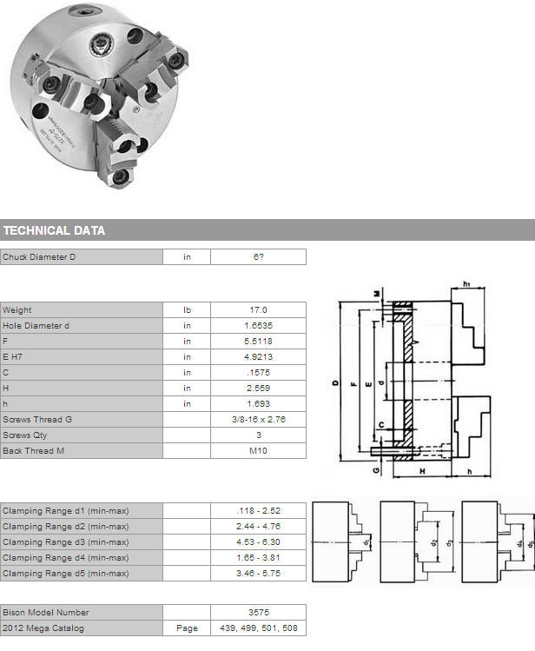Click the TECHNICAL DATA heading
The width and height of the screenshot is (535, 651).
click(55, 230)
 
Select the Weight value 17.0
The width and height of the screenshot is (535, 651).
click(258, 310)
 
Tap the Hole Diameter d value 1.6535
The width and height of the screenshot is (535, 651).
click(258, 326)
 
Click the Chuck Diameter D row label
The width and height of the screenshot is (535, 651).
click(39, 257)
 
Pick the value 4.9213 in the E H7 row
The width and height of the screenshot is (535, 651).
click(258, 357)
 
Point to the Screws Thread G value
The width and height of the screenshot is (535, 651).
click(259, 420)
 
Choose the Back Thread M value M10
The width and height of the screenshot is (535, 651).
click(258, 451)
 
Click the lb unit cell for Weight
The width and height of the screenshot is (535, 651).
click(187, 310)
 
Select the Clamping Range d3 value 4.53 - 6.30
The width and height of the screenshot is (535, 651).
click(258, 542)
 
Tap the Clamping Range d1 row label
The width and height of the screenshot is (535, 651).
click(66, 511)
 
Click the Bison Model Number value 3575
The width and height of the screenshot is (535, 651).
click(259, 613)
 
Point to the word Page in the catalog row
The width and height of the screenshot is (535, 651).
click(187, 628)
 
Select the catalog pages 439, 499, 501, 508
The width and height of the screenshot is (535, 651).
click(259, 628)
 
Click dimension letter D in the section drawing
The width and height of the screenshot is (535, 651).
click(335, 382)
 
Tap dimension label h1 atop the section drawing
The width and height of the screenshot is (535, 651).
click(466, 284)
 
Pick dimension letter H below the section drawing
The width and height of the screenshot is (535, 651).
click(422, 471)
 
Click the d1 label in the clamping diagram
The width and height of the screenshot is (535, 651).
click(367, 542)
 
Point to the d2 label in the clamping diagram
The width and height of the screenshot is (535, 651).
click(434, 542)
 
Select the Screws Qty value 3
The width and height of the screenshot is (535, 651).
click(259, 435)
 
